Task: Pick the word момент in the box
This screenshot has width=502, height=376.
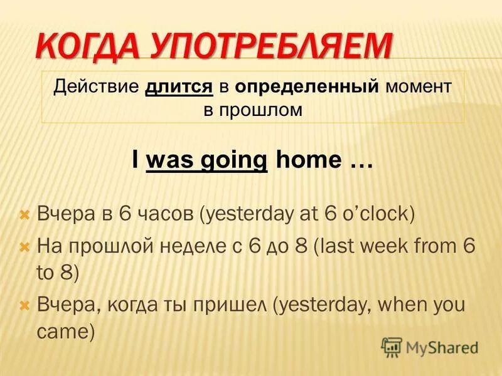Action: point(418,86)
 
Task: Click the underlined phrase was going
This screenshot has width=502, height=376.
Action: point(206,160)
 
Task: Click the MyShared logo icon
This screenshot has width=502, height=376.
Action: point(392,347)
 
